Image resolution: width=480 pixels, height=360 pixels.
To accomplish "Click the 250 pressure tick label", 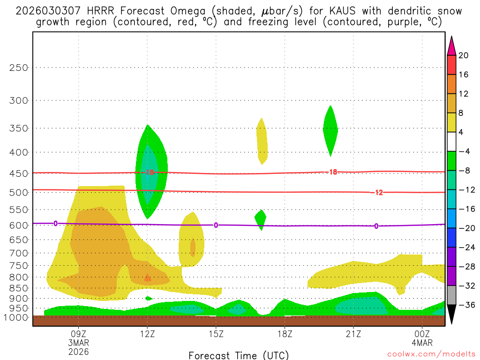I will coord(19,67).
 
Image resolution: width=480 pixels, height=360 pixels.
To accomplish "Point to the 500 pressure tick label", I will coord(19,192).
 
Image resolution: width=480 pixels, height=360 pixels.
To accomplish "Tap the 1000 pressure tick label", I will coord(16,317).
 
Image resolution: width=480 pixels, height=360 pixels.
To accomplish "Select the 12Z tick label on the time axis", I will coord(147,334).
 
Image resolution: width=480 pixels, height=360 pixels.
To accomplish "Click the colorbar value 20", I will coord(464,55).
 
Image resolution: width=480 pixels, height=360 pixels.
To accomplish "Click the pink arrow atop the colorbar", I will coord(451,45).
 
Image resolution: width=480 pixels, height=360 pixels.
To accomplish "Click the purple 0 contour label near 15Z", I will coord(216,225).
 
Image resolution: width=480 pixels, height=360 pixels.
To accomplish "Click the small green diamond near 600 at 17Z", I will coord(261,218).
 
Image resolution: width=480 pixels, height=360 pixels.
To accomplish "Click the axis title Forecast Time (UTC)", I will coord(239,355).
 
